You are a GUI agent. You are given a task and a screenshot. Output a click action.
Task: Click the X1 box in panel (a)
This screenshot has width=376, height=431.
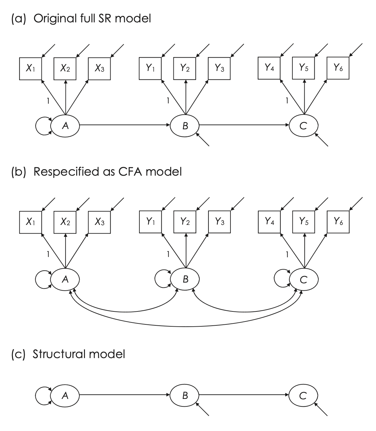[30, 68]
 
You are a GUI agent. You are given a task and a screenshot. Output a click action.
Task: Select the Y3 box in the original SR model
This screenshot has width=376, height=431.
[219, 68]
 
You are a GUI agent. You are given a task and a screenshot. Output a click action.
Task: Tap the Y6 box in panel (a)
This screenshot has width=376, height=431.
[338, 68]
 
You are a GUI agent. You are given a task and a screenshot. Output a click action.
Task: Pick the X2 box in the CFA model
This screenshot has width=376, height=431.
[65, 222]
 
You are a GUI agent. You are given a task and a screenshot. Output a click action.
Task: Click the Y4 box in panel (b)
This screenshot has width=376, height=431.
[269, 222]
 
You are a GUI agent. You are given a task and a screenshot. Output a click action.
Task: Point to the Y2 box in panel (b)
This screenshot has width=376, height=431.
[185, 222]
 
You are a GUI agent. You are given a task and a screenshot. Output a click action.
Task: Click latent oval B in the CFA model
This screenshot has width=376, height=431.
[185, 279]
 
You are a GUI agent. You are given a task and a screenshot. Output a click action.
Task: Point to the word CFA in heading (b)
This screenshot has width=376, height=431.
[130, 172]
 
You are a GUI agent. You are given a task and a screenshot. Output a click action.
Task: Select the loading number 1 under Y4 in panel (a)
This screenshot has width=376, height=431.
[287, 101]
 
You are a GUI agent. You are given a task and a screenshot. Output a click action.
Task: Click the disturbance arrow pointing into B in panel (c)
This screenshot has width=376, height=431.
[203, 410]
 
